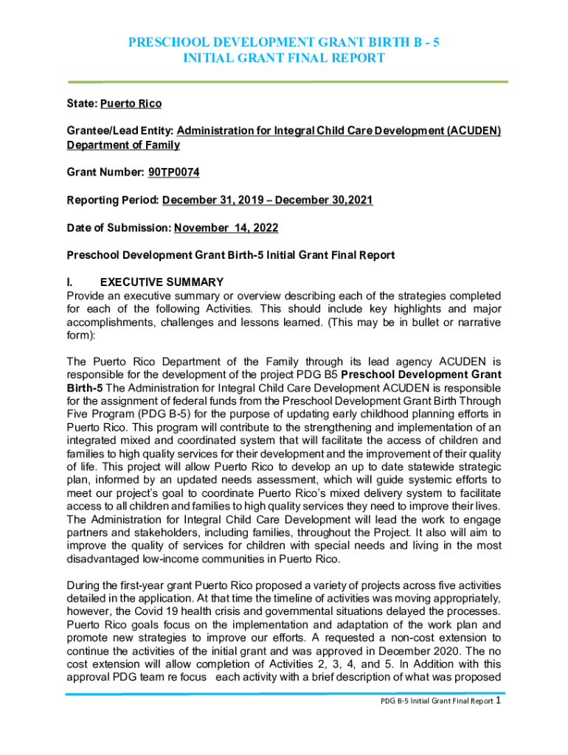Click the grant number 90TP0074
click(x=173, y=173)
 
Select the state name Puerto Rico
click(x=131, y=103)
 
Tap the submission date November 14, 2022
click(x=226, y=229)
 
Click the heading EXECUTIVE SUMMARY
click(x=162, y=282)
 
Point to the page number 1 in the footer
click(x=499, y=720)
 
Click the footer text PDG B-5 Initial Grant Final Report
click(x=432, y=722)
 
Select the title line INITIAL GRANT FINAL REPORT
click(x=284, y=58)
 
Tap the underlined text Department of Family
click(x=123, y=145)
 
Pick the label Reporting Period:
click(x=112, y=201)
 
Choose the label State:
click(x=82, y=103)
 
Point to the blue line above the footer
click(x=284, y=694)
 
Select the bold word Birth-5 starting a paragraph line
click(x=86, y=387)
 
